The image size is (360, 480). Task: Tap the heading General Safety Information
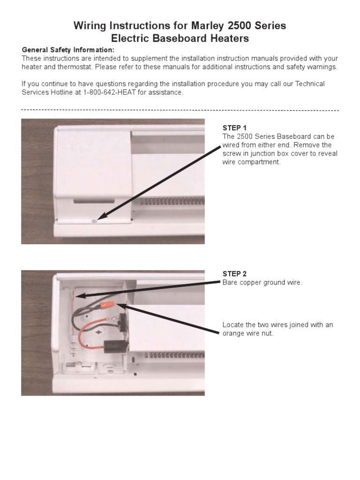[67, 50]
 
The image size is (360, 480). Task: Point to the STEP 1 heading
[234, 128]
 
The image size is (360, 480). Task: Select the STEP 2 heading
[234, 274]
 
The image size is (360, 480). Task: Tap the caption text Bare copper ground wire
[262, 283]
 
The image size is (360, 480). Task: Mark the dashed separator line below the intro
[180, 110]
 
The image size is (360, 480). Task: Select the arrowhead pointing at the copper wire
[80, 296]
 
